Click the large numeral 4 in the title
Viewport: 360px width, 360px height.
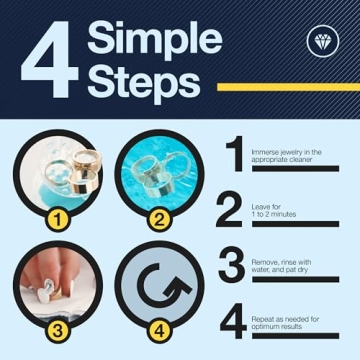click(50, 59)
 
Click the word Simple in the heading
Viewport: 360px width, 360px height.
click(155, 39)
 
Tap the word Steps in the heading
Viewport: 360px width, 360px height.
click(144, 82)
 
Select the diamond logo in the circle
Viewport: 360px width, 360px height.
click(323, 41)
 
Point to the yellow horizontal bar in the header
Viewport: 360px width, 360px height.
click(288, 87)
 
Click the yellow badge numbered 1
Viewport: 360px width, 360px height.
click(58, 220)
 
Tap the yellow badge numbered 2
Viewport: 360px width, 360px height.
click(160, 220)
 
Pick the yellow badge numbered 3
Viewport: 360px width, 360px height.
click(58, 331)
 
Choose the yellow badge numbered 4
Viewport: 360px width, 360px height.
click(160, 331)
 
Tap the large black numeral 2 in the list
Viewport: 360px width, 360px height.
click(229, 209)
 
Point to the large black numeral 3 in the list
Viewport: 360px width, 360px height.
click(232, 265)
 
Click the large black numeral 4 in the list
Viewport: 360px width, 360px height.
click(233, 321)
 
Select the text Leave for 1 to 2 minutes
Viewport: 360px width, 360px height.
click(274, 210)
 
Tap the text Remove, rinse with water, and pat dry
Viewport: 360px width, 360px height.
click(281, 266)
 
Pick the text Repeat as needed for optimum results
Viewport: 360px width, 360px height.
click(285, 322)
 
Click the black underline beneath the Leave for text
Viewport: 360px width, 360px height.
click(295, 224)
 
